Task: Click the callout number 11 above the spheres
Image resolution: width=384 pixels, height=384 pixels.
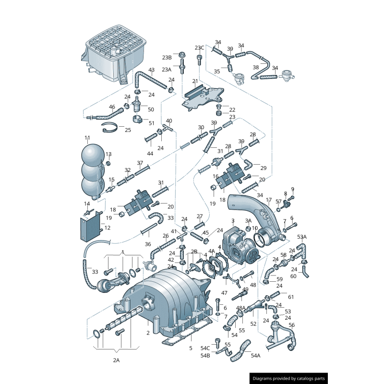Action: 87,138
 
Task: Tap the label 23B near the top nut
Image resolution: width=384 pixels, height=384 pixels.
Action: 166,58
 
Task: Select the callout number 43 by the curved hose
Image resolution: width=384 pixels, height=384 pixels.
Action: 151,70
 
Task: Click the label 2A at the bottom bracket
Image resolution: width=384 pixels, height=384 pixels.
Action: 116,360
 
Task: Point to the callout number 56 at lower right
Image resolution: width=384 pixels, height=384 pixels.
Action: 292,325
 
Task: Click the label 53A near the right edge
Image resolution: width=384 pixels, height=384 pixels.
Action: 301,237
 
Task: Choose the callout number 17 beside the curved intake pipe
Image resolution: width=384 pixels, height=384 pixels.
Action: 269,200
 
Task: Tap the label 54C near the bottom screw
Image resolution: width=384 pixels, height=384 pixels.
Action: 205,348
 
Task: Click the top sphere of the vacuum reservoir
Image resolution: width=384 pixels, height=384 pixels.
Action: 93,155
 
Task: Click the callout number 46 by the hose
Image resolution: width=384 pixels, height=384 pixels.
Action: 112,107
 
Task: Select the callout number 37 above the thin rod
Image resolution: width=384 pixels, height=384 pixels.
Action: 140,163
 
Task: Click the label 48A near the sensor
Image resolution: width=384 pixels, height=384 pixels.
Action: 240,308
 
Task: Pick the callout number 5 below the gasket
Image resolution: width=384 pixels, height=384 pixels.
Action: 190,348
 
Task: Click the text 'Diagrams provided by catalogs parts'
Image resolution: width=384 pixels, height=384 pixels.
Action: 289,378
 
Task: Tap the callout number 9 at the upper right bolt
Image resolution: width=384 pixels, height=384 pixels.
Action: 292,189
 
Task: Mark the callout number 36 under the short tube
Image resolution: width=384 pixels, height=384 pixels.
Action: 148,244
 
